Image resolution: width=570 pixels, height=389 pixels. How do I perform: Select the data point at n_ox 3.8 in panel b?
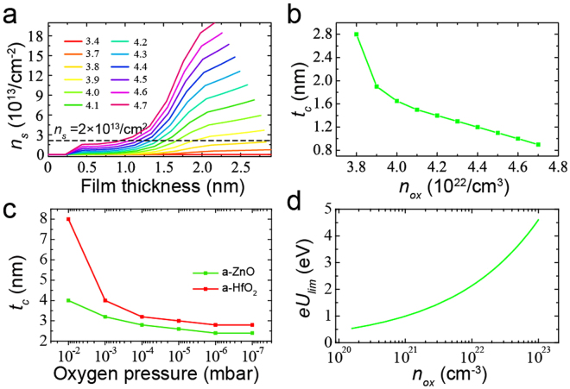point(356,35)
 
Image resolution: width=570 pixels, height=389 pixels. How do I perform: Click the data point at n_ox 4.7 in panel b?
point(538,144)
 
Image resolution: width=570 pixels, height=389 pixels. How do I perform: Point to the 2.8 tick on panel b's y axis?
point(328,35)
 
